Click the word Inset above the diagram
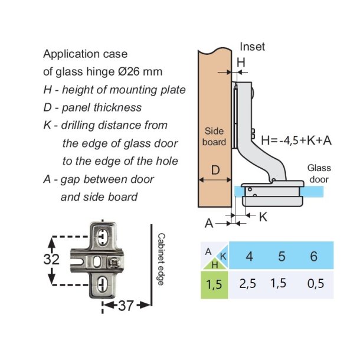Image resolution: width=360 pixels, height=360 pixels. [253, 47]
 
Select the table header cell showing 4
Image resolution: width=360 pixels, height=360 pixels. [249, 256]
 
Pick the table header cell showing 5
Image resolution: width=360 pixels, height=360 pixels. [281, 256]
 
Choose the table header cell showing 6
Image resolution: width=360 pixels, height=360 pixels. [313, 256]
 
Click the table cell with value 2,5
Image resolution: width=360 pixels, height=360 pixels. [248, 284]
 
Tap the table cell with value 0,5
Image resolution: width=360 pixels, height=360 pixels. [316, 284]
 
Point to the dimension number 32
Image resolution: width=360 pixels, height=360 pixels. [52, 260]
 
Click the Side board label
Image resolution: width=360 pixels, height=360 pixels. [214, 136]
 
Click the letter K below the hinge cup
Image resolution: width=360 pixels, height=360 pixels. [263, 217]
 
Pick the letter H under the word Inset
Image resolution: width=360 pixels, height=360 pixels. [241, 61]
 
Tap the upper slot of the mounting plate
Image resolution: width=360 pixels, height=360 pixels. [102, 237]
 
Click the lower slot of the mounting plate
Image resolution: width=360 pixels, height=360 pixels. [102, 284]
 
